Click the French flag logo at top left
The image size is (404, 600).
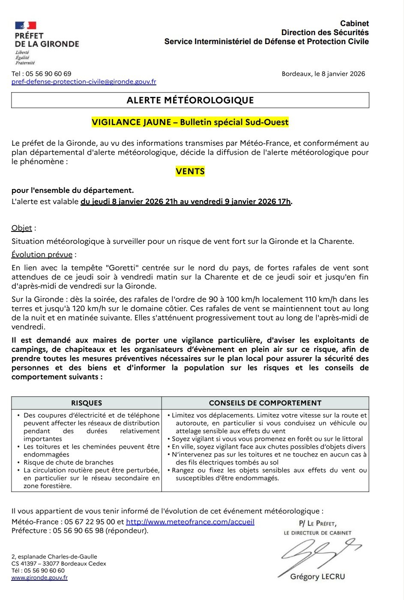[26, 25]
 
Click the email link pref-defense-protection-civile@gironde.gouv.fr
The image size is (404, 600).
[84, 81]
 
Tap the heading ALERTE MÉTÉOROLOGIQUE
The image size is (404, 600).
[190, 100]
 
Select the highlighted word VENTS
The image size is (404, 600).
[190, 171]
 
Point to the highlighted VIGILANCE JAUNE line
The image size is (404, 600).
[190, 122]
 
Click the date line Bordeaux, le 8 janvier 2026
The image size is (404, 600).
[323, 74]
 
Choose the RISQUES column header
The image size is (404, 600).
[87, 403]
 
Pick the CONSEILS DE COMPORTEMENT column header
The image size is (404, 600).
[265, 403]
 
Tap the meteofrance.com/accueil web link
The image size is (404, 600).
[190, 522]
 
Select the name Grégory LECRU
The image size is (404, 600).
[317, 576]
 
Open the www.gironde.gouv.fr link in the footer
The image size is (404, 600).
[39, 577]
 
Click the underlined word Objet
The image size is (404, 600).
[22, 228]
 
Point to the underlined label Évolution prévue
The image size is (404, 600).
[42, 255]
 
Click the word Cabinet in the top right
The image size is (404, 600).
[354, 24]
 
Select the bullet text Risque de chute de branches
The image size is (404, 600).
[69, 462]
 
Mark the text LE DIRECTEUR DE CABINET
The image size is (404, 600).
[317, 533]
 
